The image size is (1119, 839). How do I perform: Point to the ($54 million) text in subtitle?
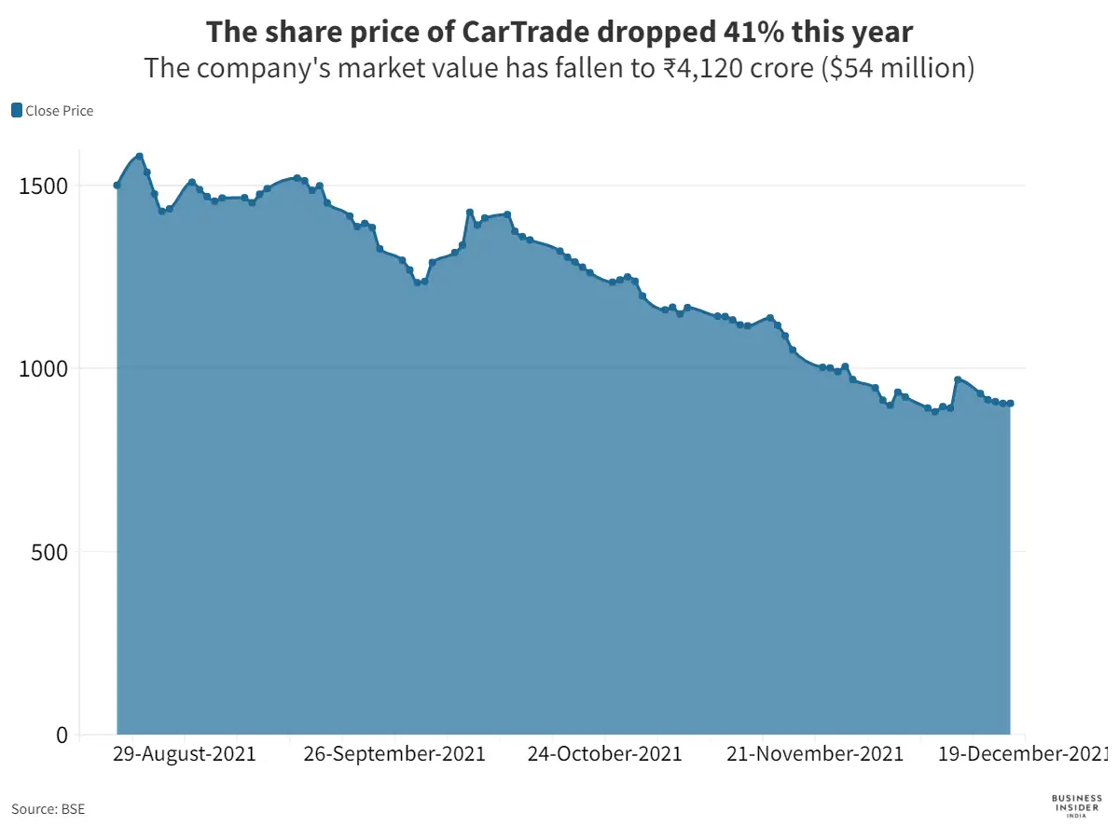896,68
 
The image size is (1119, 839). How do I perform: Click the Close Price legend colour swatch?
17,111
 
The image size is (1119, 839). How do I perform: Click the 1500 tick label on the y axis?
45,186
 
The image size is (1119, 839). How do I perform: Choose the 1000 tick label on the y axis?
45,368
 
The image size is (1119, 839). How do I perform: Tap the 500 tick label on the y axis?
50,551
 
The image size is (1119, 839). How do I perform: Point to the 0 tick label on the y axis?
62,735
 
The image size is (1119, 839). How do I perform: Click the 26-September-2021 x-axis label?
394,753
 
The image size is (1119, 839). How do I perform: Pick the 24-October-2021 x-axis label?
604,753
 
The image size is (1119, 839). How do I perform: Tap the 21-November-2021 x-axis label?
814,753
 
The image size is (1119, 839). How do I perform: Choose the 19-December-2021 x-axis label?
1022,753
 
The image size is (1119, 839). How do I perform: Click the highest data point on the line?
139,157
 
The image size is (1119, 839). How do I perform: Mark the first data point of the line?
117,186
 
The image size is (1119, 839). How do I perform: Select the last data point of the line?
1011,404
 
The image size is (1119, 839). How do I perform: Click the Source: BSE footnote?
48,809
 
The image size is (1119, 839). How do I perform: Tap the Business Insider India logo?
1076,806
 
